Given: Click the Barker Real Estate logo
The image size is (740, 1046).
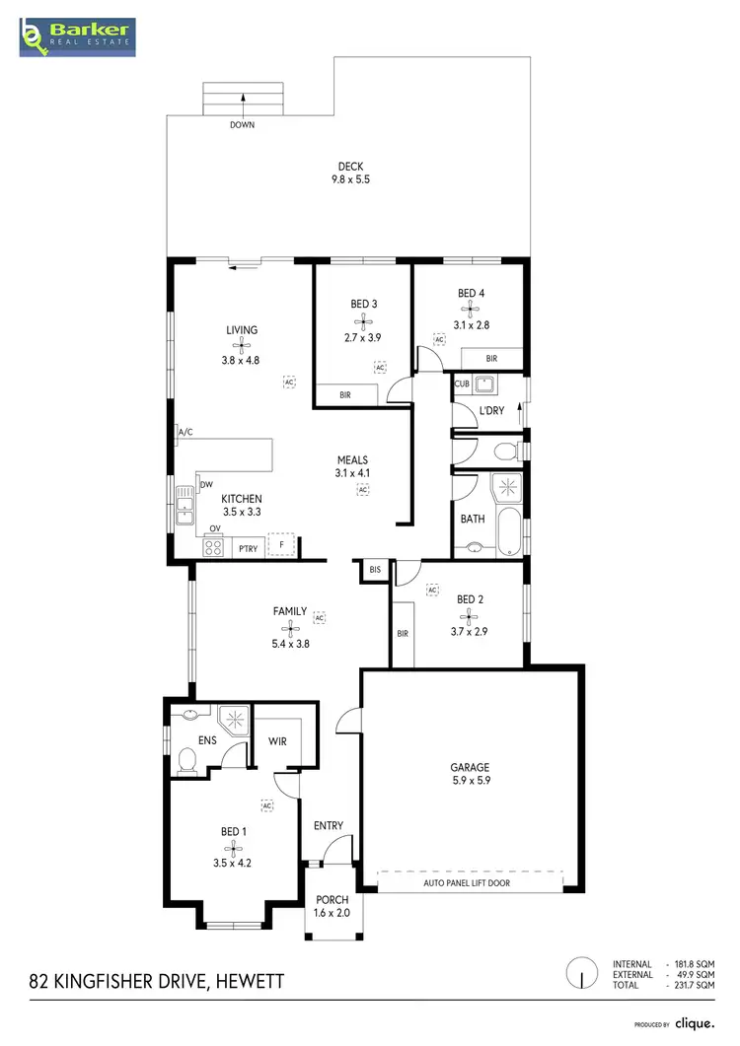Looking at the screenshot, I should [x=77, y=35].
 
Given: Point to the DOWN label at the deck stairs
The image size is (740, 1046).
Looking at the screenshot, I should [x=242, y=125].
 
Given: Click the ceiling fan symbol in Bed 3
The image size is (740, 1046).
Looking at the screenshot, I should [x=364, y=320].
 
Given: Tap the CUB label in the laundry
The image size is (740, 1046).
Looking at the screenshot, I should [x=462, y=384].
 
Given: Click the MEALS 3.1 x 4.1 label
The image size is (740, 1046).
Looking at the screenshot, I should [x=351, y=466].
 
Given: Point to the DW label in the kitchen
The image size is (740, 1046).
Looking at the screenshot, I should [x=206, y=485].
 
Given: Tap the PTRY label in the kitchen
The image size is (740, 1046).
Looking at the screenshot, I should [x=248, y=548].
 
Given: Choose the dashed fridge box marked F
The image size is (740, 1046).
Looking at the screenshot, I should [x=282, y=543].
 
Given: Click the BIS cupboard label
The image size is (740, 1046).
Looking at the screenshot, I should [x=375, y=571].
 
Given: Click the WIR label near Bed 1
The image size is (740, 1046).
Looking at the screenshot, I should [x=277, y=741].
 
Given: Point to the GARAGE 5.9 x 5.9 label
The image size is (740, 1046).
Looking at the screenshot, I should [x=470, y=774].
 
